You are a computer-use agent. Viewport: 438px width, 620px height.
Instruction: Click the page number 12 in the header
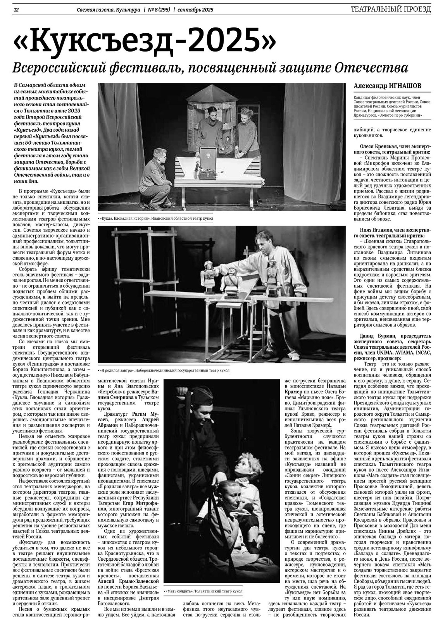pos(16,9)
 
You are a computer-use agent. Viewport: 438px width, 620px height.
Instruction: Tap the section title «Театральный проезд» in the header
pos(390,9)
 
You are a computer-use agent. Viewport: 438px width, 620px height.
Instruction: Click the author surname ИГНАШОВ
pos(404,86)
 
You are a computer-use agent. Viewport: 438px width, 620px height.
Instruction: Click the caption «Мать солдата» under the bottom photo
pos(181,591)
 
